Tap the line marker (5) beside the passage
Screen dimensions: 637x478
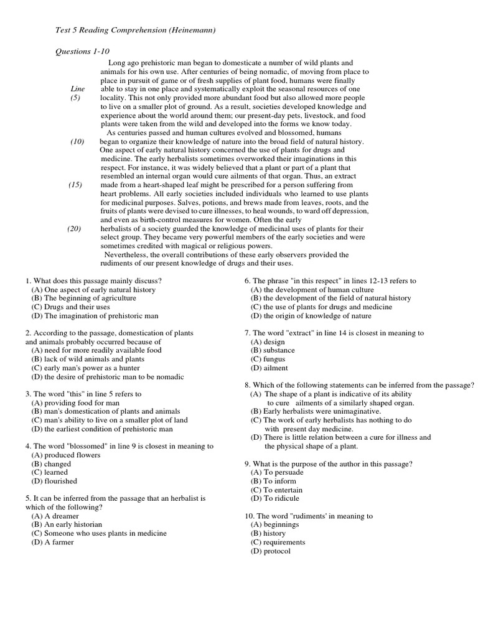pyautogui.click(x=75, y=98)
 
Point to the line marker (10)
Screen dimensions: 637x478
pyautogui.click(x=77, y=142)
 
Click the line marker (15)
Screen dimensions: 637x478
pyautogui.click(x=76, y=185)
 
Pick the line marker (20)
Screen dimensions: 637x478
pyautogui.click(x=75, y=229)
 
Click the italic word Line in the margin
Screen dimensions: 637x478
pyautogui.click(x=77, y=90)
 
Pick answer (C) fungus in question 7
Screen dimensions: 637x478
pyautogui.click(x=268, y=360)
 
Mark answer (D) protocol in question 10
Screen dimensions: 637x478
pyautogui.click(x=270, y=551)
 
